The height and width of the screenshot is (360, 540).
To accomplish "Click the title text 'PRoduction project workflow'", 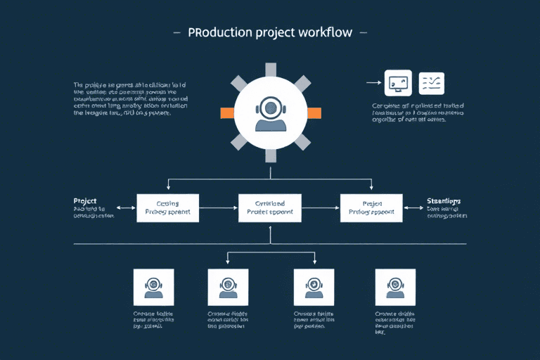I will [x=270, y=33].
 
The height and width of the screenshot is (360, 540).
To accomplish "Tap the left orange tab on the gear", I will [x=227, y=112].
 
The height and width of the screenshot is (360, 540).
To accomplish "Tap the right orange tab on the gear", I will [x=314, y=112].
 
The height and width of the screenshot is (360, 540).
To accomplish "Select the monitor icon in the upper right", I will [x=397, y=83].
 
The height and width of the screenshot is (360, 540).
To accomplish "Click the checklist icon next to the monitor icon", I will [x=432, y=83].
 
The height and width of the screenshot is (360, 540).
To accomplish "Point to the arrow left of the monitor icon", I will [x=374, y=83].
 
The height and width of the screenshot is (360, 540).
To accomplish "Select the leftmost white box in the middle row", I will [x=168, y=207].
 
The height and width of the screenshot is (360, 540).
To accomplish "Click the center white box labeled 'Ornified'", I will [x=270, y=207].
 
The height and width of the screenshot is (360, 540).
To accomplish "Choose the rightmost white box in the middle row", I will [x=371, y=207].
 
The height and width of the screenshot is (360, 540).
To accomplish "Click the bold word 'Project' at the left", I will [x=85, y=200].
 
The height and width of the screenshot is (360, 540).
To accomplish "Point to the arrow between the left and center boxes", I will [x=219, y=208].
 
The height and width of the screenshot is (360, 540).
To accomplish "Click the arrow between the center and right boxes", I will [x=321, y=208].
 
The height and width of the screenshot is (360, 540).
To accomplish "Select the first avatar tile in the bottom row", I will [x=153, y=287].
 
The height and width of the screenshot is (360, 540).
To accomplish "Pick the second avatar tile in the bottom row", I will [x=228, y=287].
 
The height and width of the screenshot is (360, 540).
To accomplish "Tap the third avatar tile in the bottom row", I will [x=313, y=287].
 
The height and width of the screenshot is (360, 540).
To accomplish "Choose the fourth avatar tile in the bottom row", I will [x=395, y=287].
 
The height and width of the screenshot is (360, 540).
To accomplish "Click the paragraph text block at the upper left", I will [x=122, y=98].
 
